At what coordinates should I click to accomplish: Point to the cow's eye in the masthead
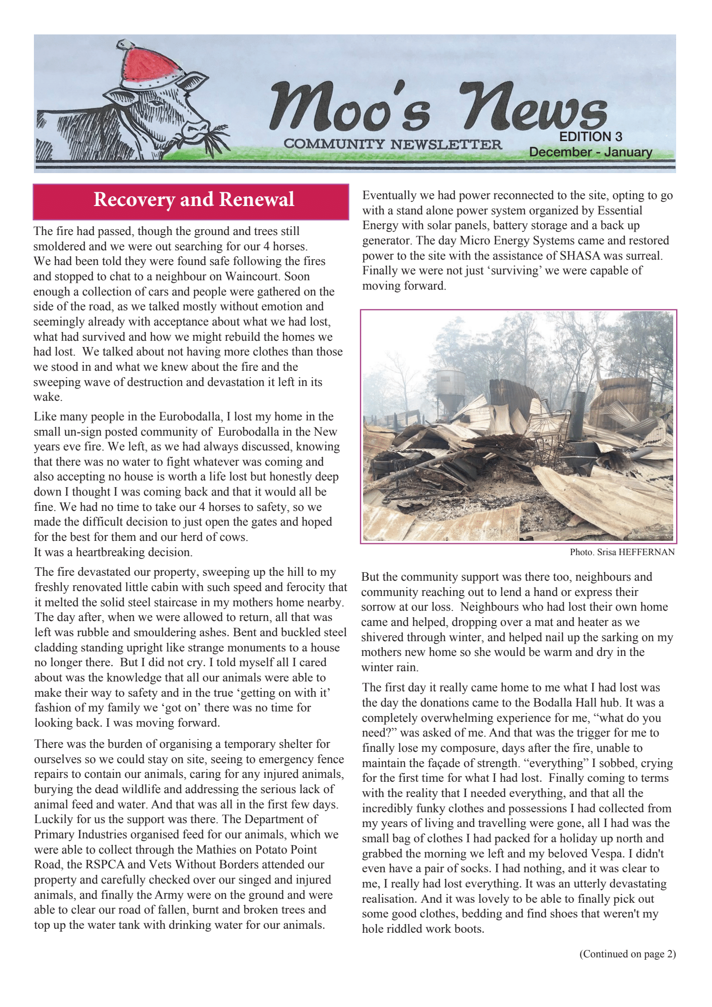(157, 105)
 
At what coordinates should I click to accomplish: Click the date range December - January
(590, 152)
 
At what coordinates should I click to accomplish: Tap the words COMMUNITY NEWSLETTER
(393, 145)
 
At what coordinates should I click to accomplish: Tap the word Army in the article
(168, 895)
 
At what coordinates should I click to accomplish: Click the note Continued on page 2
(627, 954)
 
